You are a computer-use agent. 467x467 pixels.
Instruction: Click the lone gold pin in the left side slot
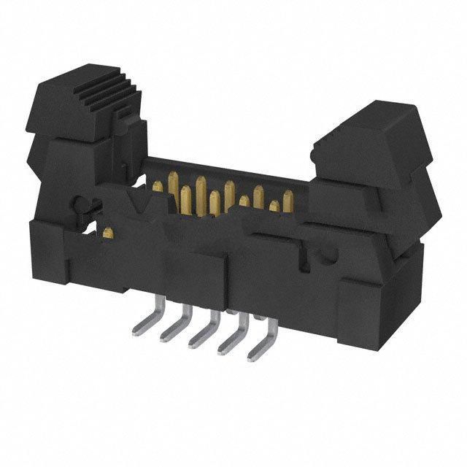[108, 233]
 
